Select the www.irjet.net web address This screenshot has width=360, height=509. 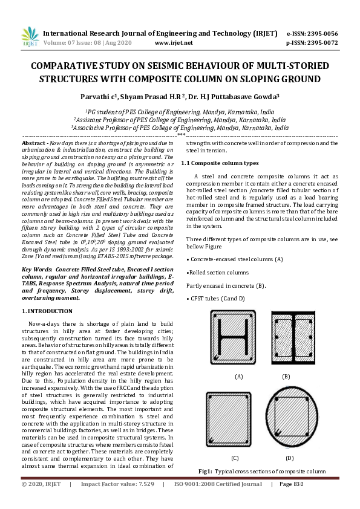tap(174, 43)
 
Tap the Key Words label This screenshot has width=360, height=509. tap(36, 268)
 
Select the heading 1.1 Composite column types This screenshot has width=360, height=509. tap(220, 163)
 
